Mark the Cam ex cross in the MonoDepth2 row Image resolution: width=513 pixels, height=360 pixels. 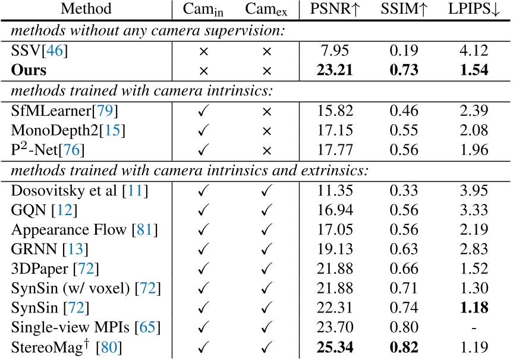266,130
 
